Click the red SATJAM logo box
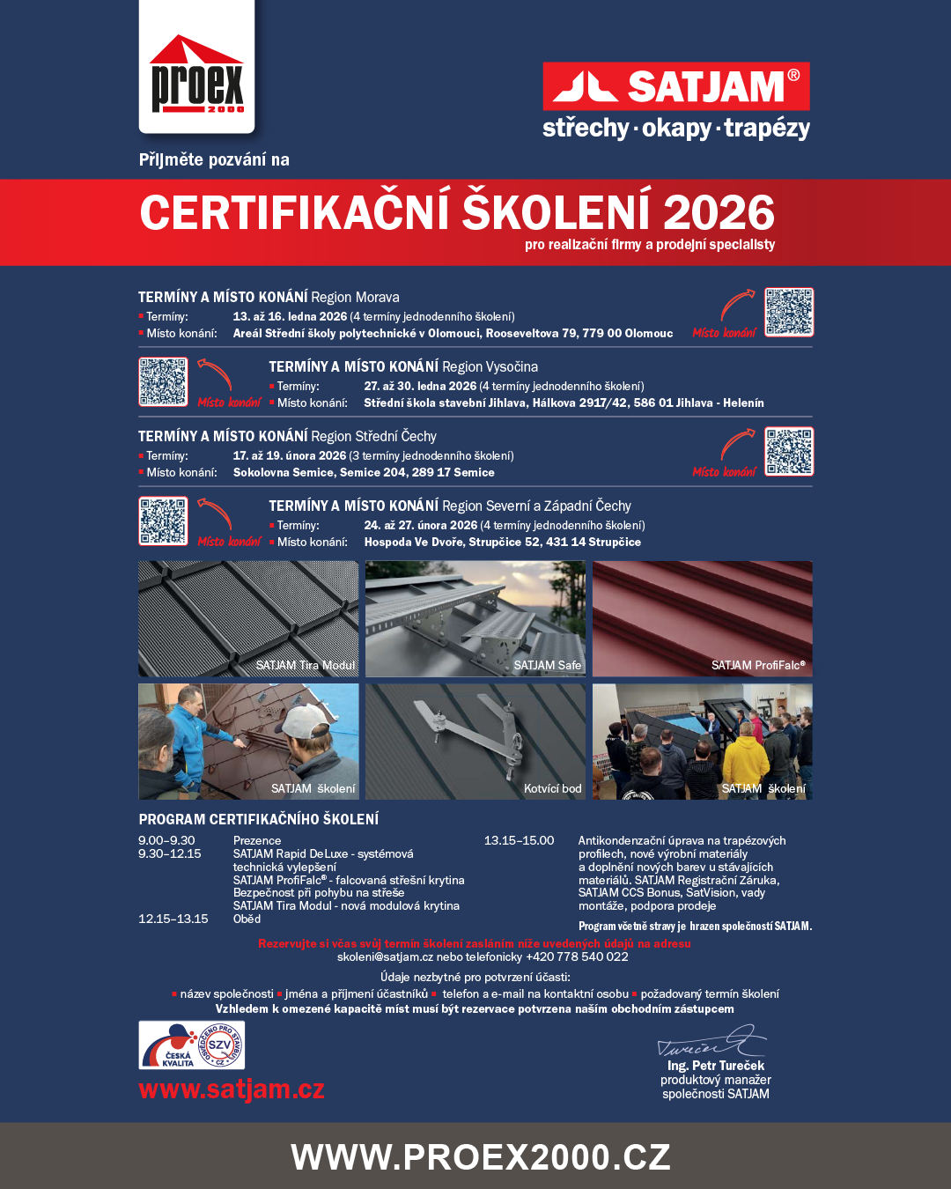click(675, 86)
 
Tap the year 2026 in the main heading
click(719, 213)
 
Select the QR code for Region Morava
click(789, 312)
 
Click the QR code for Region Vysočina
click(163, 381)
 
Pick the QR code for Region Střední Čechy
click(789, 451)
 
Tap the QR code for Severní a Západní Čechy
click(163, 521)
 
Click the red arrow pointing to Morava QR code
click(738, 305)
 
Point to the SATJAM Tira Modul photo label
click(306, 665)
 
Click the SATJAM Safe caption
click(548, 665)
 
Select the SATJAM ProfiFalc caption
click(758, 665)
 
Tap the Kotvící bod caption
click(553, 788)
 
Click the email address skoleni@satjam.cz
click(385, 956)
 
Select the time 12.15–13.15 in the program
click(173, 919)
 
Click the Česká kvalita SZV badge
click(192, 1045)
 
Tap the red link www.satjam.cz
click(232, 1089)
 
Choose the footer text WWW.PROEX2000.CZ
click(481, 1156)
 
